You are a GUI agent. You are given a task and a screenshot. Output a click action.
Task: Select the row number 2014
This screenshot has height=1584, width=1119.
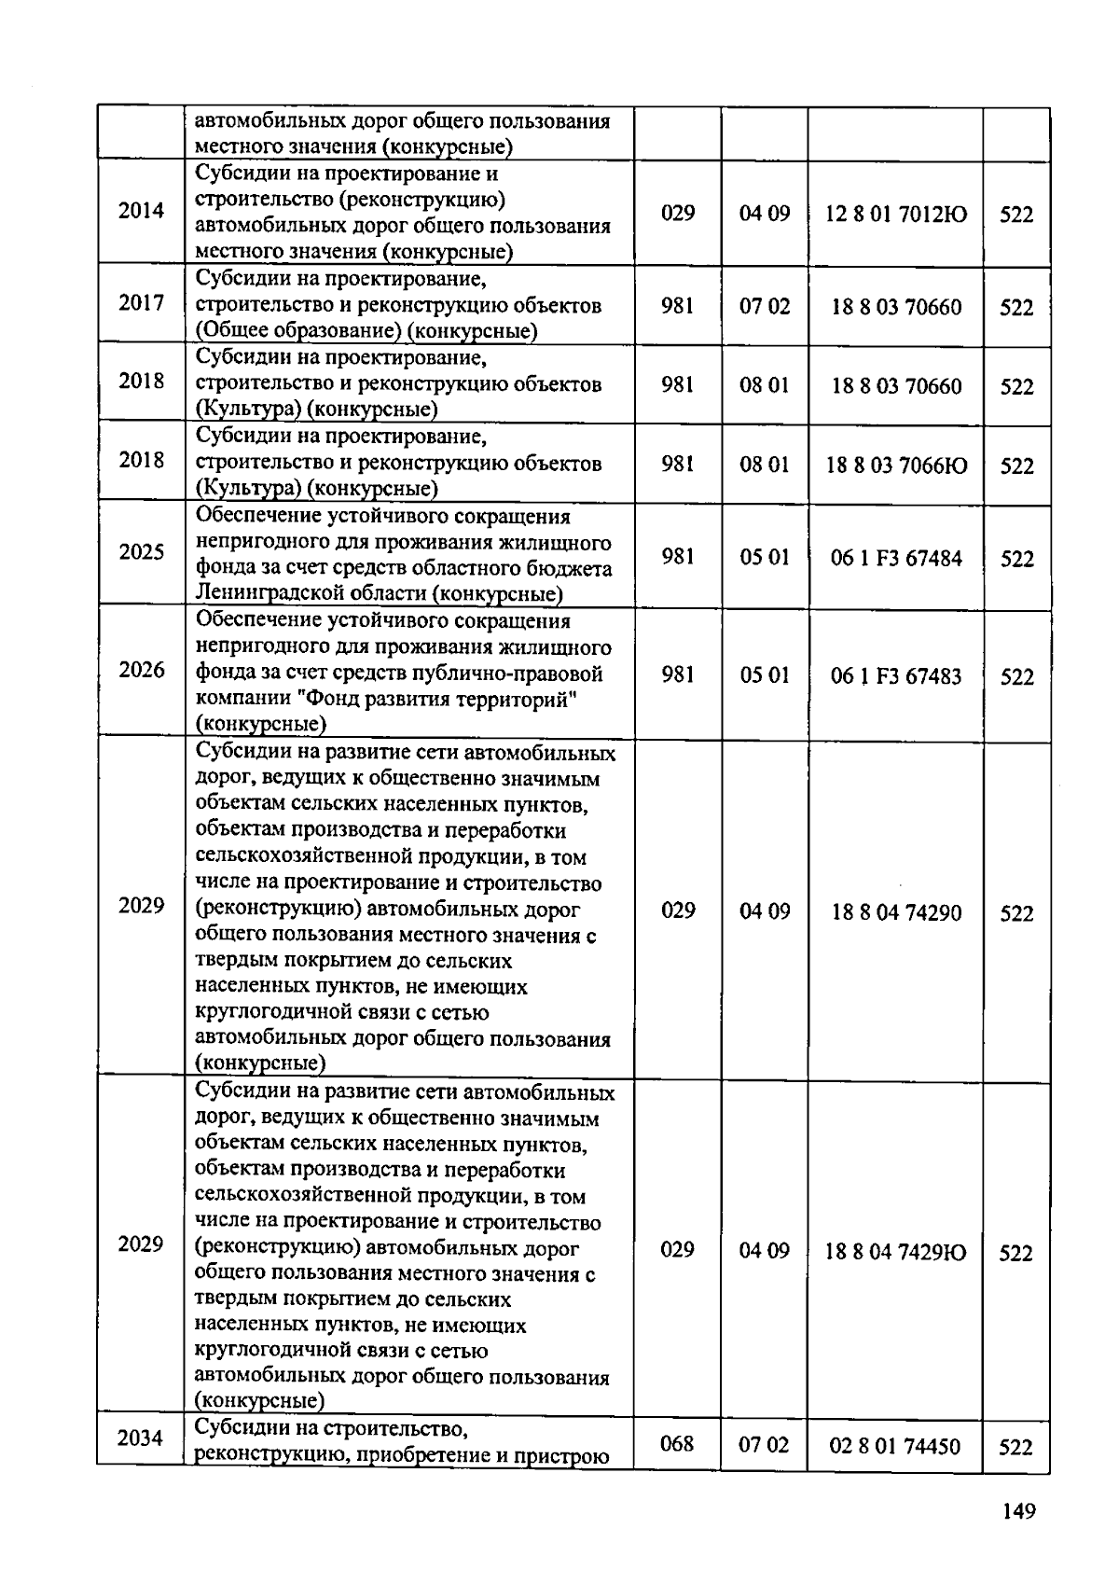pos(141,210)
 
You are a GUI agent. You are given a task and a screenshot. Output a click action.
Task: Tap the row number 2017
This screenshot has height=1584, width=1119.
pos(141,302)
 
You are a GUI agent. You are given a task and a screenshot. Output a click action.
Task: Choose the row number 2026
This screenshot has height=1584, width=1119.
pos(141,670)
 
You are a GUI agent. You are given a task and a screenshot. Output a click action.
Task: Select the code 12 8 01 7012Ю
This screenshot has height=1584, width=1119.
pos(896,215)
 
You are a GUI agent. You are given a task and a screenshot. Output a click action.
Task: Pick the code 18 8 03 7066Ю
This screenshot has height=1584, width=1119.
pos(896,465)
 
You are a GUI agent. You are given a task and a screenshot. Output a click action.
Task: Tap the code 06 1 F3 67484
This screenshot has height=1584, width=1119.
pos(896,558)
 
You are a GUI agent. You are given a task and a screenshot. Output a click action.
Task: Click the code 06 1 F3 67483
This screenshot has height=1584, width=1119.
pos(896,676)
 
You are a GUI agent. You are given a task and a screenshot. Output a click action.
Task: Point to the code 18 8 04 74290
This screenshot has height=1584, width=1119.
pos(896,912)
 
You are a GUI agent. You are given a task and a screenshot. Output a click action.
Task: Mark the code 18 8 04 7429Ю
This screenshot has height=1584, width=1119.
pos(895,1252)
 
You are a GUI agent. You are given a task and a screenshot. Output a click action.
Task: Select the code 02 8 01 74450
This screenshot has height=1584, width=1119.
pos(894,1446)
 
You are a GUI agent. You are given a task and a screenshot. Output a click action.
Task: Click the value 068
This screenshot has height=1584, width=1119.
pos(677,1444)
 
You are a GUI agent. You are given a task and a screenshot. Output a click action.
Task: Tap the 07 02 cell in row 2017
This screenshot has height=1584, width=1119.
pos(765,306)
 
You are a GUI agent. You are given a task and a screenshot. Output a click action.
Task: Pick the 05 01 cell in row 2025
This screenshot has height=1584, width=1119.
pos(765,557)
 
